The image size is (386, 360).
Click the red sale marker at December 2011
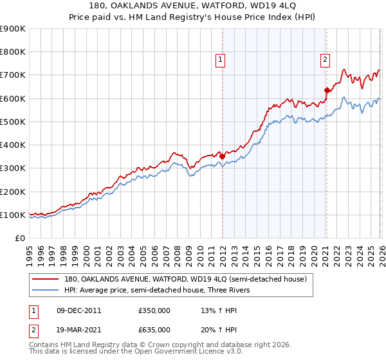coord(222,156)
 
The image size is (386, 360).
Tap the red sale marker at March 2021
coord(327,90)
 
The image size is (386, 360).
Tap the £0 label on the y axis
coord(19,238)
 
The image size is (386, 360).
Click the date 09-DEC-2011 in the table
coord(78,310)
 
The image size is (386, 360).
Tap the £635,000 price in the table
coord(154,329)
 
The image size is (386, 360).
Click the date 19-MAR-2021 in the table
coord(78,329)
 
